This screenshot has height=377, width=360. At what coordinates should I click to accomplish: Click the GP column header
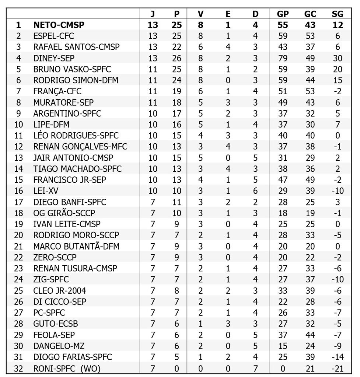[x=283, y=14]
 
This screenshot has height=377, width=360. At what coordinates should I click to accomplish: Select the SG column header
[x=338, y=14]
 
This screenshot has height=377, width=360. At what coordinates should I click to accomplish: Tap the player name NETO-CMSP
[x=59, y=25]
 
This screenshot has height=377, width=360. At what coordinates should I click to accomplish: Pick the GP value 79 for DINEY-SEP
[x=283, y=58]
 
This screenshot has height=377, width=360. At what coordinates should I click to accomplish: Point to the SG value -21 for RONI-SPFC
[x=338, y=368]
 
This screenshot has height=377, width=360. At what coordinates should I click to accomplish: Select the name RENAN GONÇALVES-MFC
[x=80, y=147]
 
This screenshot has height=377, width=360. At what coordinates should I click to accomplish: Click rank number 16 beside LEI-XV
[x=19, y=191]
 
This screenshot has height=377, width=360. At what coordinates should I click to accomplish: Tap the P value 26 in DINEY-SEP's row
[x=177, y=58]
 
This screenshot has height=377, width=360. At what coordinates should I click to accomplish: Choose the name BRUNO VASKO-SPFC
[x=72, y=69]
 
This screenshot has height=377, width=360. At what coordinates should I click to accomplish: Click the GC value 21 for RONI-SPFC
[x=310, y=368]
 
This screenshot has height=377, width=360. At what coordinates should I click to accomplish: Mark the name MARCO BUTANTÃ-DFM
[x=76, y=246]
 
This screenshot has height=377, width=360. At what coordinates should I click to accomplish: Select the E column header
[x=228, y=14]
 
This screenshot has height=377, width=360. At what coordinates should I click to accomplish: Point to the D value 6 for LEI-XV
[x=255, y=191]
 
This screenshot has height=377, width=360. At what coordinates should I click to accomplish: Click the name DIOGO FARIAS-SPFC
[x=73, y=357]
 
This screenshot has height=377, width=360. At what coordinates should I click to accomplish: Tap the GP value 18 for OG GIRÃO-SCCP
[x=283, y=213]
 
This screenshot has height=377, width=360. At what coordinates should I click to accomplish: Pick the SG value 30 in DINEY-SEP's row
[x=338, y=58]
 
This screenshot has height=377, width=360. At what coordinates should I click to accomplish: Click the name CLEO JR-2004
[x=60, y=290]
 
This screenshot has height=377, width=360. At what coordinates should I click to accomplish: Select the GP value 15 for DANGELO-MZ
[x=283, y=346]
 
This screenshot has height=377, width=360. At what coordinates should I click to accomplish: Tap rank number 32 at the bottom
[x=19, y=368]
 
